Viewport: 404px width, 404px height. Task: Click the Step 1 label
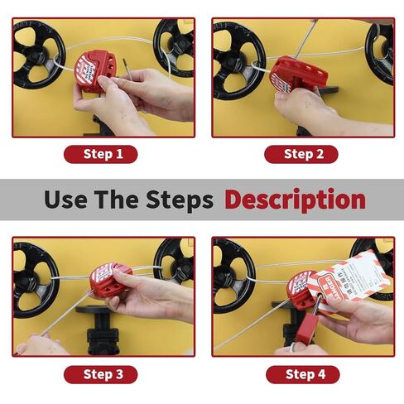pos(103,154)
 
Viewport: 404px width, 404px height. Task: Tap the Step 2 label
pos(302,154)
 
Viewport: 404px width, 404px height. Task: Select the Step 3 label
pos(103,375)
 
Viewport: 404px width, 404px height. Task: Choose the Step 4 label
pos(302,375)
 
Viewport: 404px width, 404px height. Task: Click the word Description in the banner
pos(295,200)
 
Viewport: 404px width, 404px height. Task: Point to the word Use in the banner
pos(64,200)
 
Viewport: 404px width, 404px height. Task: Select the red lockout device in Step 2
pos(290,77)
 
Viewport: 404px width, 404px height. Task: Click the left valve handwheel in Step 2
pos(236,58)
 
